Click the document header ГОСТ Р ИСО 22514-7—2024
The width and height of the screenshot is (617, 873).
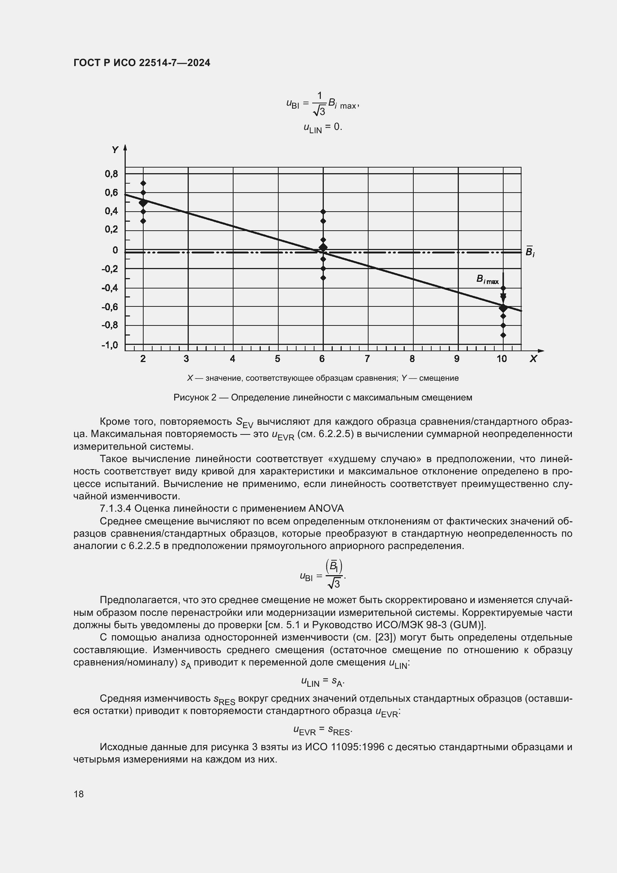pyautogui.click(x=141, y=63)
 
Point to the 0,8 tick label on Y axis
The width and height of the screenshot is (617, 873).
pyautogui.click(x=111, y=174)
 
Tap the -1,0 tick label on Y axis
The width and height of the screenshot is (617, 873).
pyautogui.click(x=110, y=345)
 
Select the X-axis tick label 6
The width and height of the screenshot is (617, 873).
pyautogui.click(x=322, y=359)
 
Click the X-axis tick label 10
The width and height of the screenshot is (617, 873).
pyautogui.click(x=501, y=359)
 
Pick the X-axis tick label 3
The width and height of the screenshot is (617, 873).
pyautogui.click(x=186, y=359)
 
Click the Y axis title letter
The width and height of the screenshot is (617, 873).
pyautogui.click(x=115, y=150)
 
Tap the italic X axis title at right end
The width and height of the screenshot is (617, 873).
pyautogui.click(x=533, y=359)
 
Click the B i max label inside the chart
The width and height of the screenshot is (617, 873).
pyautogui.click(x=487, y=280)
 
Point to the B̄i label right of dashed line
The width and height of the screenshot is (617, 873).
pyautogui.click(x=530, y=251)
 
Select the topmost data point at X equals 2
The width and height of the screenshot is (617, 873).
pyautogui.click(x=143, y=183)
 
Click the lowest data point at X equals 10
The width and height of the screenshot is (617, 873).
pyautogui.click(x=503, y=335)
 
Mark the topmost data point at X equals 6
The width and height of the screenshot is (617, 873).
pyautogui.click(x=323, y=211)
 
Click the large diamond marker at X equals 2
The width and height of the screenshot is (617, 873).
pyautogui.click(x=143, y=203)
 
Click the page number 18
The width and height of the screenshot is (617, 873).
pyautogui.click(x=79, y=794)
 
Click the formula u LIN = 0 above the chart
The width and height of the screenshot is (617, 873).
pyautogui.click(x=323, y=127)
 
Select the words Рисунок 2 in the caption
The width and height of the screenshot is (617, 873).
pyautogui.click(x=194, y=397)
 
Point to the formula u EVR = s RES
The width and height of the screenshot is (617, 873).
pyautogui.click(x=323, y=730)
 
